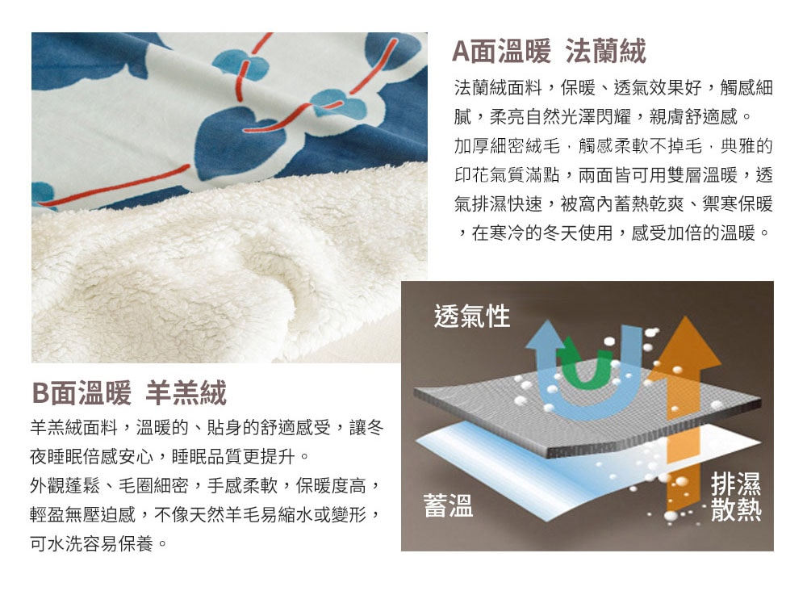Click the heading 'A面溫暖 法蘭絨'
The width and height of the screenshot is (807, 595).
(549, 52)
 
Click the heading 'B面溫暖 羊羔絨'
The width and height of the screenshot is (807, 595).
(129, 392)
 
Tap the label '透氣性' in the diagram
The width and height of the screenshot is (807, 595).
(472, 316)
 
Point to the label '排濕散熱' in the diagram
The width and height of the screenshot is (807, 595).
(736, 497)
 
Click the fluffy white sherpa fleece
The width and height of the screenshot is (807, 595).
(216, 273)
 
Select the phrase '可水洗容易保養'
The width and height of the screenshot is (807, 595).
(92, 543)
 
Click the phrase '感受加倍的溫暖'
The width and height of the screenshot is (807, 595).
(693, 233)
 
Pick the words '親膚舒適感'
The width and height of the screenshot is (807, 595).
(693, 117)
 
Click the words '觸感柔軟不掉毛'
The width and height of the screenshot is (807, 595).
(640, 146)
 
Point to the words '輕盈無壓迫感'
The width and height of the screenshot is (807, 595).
(83, 514)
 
